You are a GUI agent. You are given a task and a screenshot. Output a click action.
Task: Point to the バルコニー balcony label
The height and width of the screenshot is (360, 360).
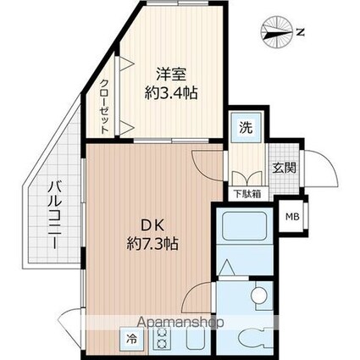(x=53, y=213)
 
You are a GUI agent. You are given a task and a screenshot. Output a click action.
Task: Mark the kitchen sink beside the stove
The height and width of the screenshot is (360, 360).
(x=191, y=338)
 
